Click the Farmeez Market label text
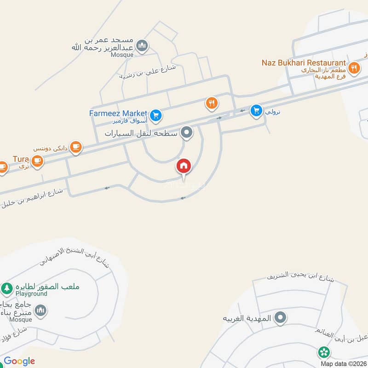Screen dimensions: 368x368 tap(118, 113)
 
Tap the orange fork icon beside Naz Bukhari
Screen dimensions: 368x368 tap(353, 68)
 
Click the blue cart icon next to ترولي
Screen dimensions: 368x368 tap(256, 110)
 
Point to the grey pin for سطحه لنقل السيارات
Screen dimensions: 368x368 tap(186, 133)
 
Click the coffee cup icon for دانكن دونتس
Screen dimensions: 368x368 tap(75, 147)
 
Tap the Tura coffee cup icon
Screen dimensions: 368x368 tap(37, 161)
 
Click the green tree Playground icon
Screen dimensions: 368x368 tap(6, 288)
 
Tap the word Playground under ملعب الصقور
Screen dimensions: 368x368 tap(31, 293)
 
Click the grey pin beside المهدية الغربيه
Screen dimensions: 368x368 tap(280, 317)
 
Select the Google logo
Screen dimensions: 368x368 tap(19, 361)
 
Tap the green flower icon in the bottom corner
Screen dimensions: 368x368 tap(324, 353)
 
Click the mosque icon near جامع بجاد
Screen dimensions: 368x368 tap(40, 311)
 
